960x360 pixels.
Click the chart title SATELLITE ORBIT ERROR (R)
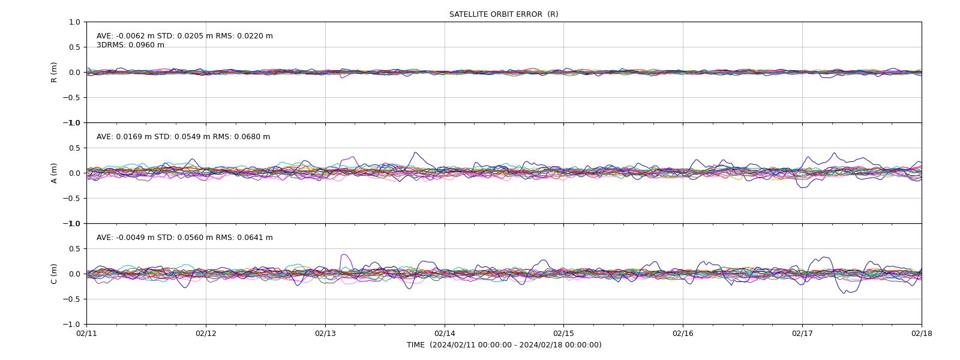(503, 14)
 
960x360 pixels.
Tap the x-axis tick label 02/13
(325, 334)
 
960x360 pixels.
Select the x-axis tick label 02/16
(683, 334)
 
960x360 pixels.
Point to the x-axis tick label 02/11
(86, 334)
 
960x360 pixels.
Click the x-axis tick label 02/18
(922, 334)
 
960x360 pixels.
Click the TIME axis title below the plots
(504, 345)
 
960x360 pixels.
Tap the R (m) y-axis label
(53, 73)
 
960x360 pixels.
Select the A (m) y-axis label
(53, 173)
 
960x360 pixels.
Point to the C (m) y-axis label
(53, 274)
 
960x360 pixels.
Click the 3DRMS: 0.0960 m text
(130, 45)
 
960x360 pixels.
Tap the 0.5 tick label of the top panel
(74, 47)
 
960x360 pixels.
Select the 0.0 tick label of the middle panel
(74, 173)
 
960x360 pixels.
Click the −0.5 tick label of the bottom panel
(71, 299)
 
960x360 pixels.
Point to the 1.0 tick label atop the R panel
(74, 22)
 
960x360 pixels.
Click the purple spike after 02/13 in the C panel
(345, 255)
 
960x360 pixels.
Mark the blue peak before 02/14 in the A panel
(415, 152)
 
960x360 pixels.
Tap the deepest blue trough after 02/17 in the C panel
(844, 293)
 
